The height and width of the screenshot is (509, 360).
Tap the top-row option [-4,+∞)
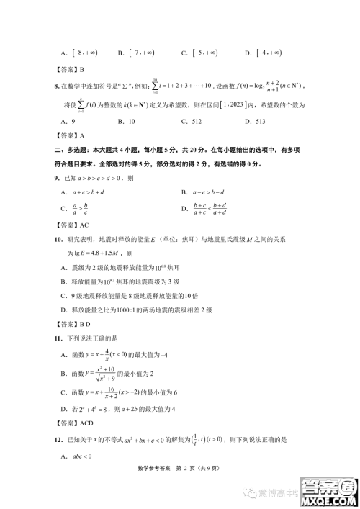264,53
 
